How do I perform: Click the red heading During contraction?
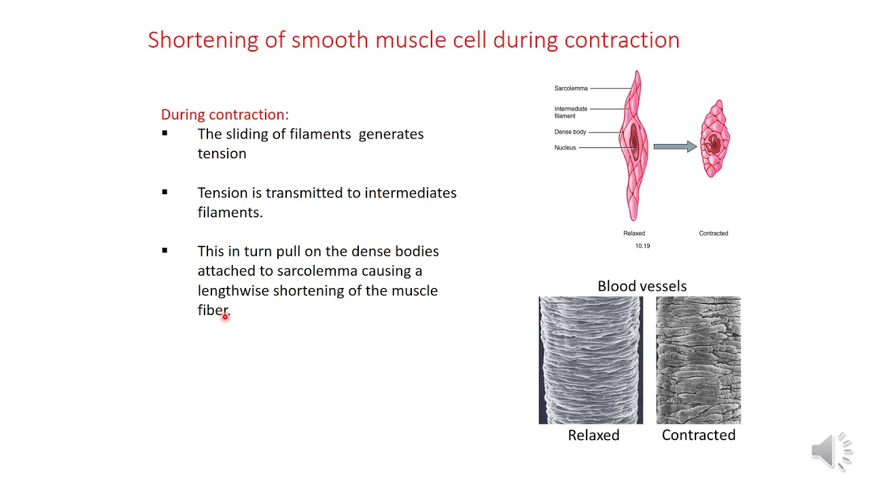click(x=225, y=114)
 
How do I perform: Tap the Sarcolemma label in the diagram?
click(x=571, y=88)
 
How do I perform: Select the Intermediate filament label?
click(x=571, y=112)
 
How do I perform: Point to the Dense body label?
click(x=570, y=132)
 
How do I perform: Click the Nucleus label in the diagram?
click(x=565, y=147)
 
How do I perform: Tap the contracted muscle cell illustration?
click(x=714, y=139)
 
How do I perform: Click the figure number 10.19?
click(x=642, y=246)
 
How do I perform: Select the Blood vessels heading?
click(x=642, y=286)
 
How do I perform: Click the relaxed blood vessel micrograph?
click(x=591, y=360)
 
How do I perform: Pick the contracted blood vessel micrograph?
click(x=698, y=360)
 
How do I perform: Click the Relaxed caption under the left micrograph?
click(x=593, y=435)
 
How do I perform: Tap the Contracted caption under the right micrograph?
click(x=699, y=435)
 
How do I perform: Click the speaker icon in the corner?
click(x=831, y=450)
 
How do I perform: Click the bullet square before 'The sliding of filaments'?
click(x=164, y=133)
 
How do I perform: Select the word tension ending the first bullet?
click(x=222, y=153)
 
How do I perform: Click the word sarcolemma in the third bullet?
click(x=317, y=271)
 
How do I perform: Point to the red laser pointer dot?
click(x=225, y=316)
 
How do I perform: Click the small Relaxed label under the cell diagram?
click(x=633, y=233)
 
